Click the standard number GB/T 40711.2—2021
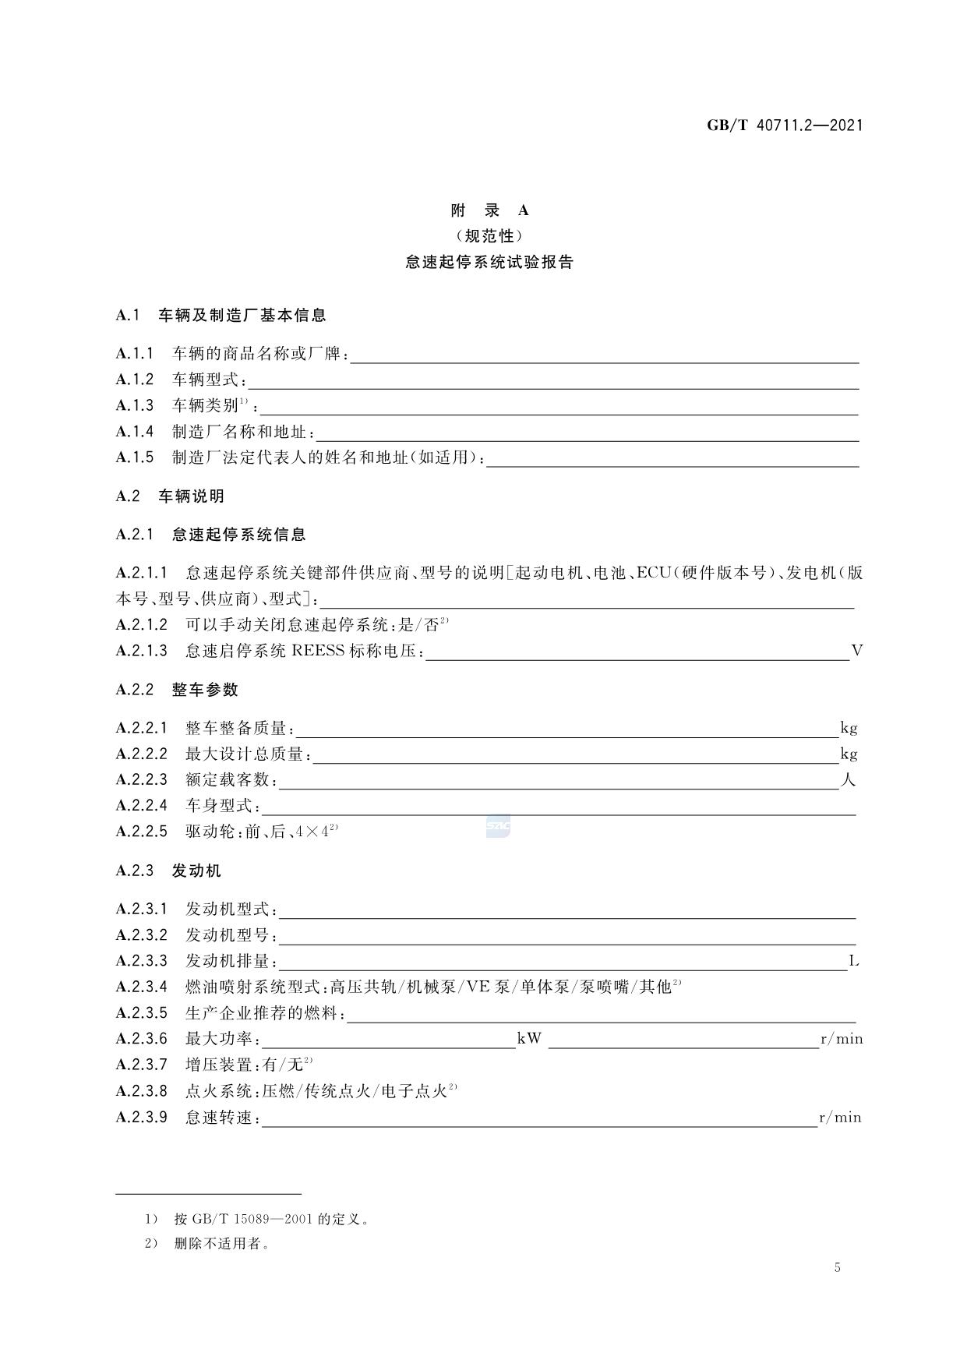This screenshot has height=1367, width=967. click(785, 125)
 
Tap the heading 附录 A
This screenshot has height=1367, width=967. click(489, 210)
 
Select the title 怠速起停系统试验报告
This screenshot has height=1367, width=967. click(489, 263)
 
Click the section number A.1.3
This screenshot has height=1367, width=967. click(135, 405)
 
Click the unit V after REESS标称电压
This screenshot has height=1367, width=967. click(857, 651)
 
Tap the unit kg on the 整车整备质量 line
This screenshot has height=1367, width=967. click(849, 728)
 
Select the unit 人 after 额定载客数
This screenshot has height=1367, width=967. click(849, 779)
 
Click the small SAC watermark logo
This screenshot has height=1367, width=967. click(498, 825)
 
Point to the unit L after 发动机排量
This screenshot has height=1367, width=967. click(854, 961)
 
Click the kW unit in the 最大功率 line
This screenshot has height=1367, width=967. click(529, 1039)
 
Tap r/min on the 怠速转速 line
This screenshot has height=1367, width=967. click(840, 1118)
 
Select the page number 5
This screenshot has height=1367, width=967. click(838, 1267)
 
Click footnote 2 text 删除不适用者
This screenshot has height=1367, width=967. click(222, 1244)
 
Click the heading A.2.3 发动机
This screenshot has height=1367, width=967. click(169, 871)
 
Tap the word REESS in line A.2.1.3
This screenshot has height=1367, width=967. click(318, 651)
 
